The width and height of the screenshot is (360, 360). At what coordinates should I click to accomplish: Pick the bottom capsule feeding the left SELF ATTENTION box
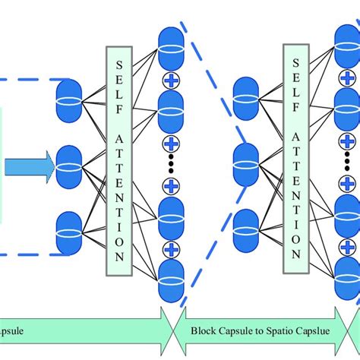point(69,230)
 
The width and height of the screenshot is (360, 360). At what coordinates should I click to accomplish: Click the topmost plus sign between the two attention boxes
point(171,80)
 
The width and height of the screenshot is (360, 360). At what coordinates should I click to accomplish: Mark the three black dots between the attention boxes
point(171,163)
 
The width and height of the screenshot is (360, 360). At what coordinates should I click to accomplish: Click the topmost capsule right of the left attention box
point(171,45)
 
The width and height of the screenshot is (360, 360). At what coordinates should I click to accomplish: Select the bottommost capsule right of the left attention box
point(171,282)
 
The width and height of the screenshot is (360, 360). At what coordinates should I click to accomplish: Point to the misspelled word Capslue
point(317,333)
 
